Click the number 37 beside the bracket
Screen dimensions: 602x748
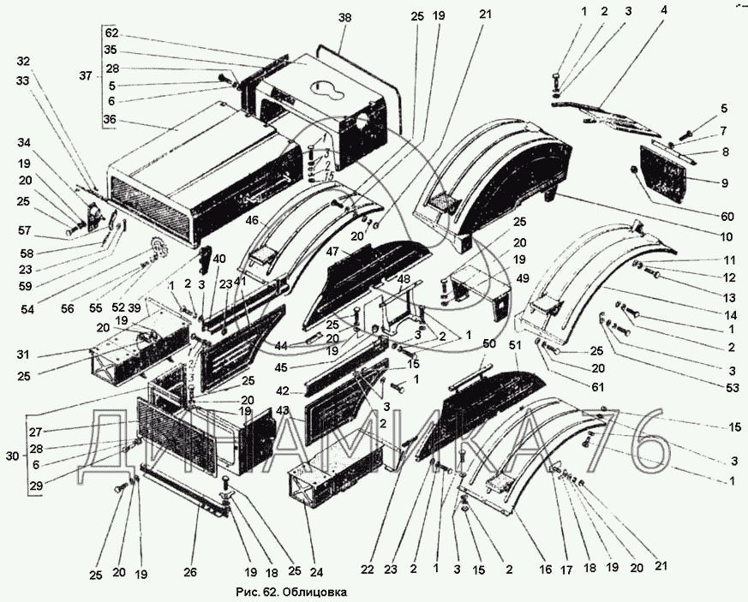coord(86,75)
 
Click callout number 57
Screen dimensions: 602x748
coord(24,231)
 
